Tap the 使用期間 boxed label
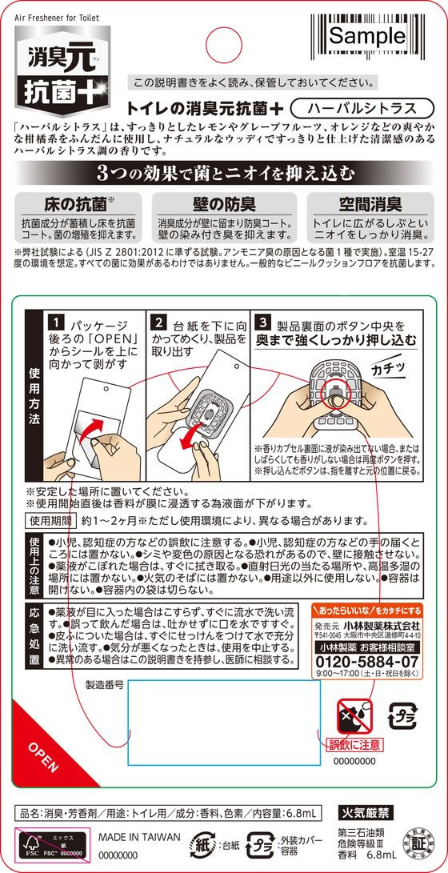pyautogui.click(x=50, y=520)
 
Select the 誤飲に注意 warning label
pyautogui.click(x=355, y=744)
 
